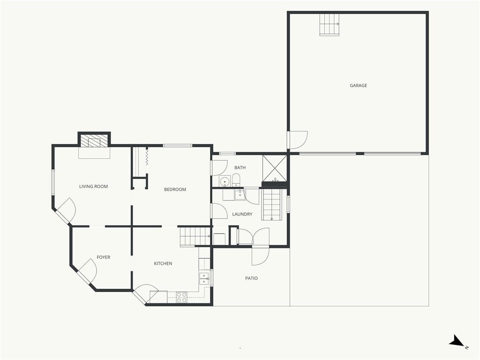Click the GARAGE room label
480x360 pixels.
358,85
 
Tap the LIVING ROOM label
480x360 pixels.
93,187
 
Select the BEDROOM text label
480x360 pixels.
175,189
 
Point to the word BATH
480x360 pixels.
240,167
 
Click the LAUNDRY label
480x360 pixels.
242,214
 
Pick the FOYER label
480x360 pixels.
104,257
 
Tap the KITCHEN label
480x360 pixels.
163,263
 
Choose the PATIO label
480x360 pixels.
251,278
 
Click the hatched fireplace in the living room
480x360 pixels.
94,141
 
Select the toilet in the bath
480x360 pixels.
236,180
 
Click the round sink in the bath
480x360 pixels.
225,181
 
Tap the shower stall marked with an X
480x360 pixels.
275,168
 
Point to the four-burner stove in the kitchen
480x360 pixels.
182,298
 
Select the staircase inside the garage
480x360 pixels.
330,24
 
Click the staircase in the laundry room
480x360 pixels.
271,204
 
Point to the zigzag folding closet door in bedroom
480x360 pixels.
147,157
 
